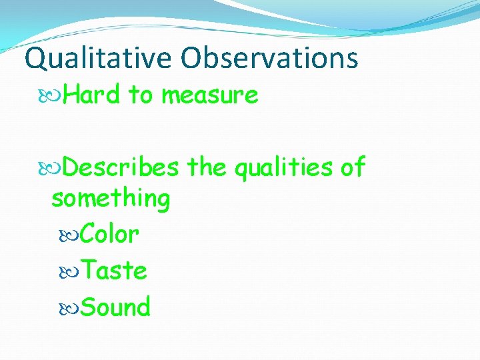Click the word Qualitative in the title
coord(99,59)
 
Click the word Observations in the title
coord(269,58)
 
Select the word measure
coord(209,96)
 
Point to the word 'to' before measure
coord(141,95)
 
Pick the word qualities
coord(283,168)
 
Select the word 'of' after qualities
coord(353,167)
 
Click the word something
coord(111,198)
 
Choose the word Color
coord(109,235)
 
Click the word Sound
coord(115,307)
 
